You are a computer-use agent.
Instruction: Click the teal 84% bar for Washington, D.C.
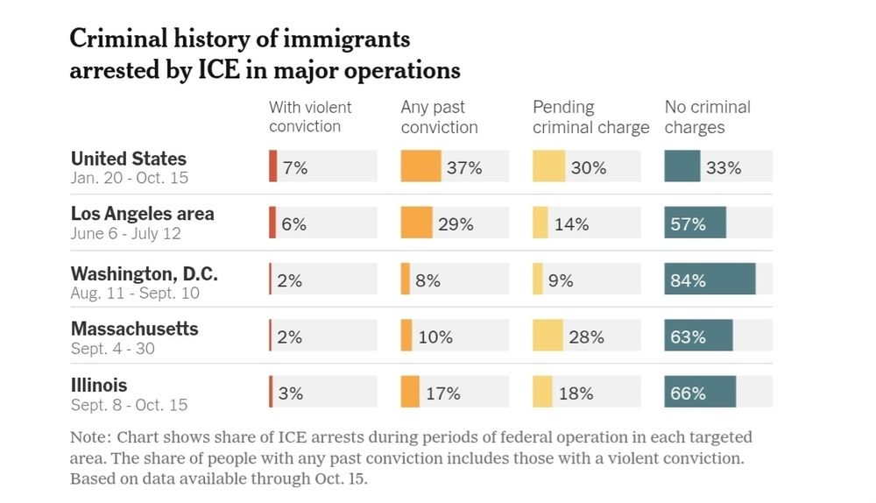(x=710, y=279)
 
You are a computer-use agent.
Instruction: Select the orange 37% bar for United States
(x=420, y=166)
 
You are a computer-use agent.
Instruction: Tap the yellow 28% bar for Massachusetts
(x=547, y=336)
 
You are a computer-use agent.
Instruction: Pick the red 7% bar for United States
(x=273, y=166)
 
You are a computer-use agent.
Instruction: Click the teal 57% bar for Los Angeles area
(x=695, y=223)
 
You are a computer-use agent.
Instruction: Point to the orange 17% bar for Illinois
(x=410, y=392)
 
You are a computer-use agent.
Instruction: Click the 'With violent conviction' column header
(x=310, y=117)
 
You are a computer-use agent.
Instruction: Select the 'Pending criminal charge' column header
(x=590, y=117)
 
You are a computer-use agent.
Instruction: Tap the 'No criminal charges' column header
(x=707, y=117)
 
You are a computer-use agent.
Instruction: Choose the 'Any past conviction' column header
(x=439, y=117)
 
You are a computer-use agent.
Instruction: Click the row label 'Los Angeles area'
(x=142, y=214)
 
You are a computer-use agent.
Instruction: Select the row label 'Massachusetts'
(x=134, y=329)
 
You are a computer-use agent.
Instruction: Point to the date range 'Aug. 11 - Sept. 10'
(x=134, y=293)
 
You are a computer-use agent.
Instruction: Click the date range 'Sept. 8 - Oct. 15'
(x=129, y=405)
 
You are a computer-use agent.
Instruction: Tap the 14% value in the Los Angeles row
(x=571, y=223)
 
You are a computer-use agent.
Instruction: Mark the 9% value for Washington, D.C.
(x=561, y=280)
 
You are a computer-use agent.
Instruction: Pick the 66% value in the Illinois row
(x=688, y=393)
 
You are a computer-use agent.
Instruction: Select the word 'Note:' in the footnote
(x=90, y=437)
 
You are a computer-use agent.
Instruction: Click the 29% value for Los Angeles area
(x=456, y=223)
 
